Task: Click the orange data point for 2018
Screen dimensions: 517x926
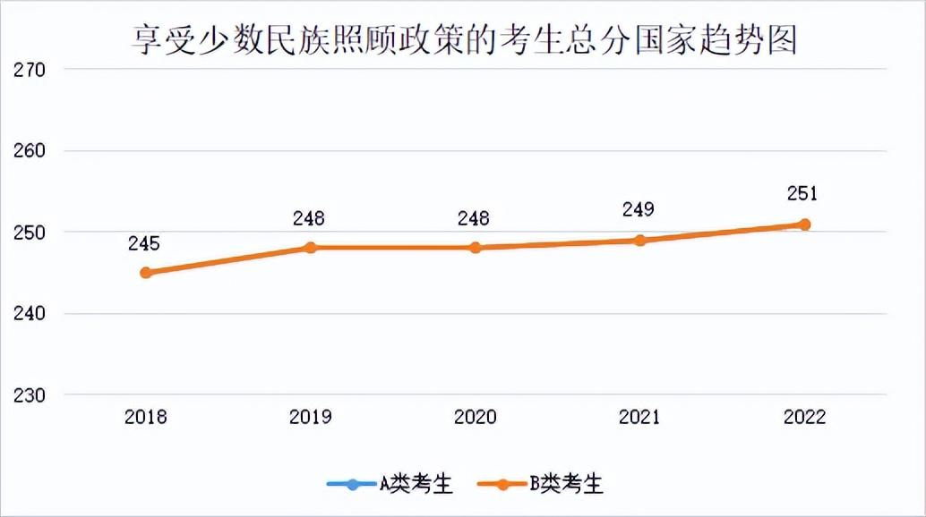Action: [x=146, y=273]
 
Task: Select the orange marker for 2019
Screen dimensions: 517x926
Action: [x=311, y=248]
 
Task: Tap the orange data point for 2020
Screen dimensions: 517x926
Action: [x=476, y=248]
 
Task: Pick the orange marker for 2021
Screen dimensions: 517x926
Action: [x=639, y=241]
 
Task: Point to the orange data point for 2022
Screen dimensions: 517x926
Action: [x=804, y=225]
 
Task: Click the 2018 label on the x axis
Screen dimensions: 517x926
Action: [x=146, y=417]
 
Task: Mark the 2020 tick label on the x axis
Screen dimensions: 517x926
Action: [x=476, y=417]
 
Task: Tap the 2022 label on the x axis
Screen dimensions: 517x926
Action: [x=804, y=417]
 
